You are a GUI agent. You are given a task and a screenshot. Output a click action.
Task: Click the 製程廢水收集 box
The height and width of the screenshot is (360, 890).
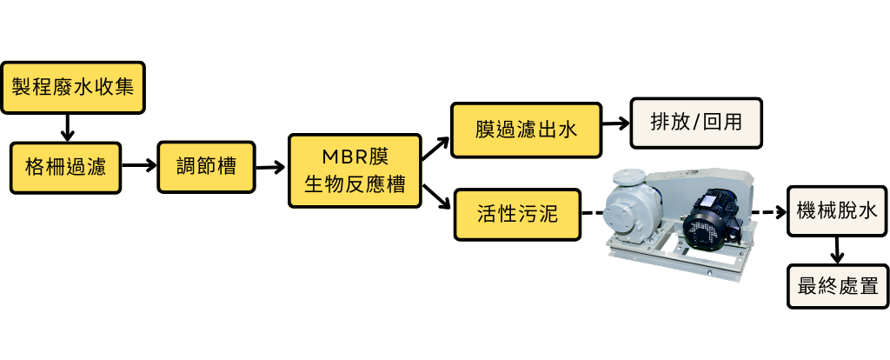pyautogui.click(x=72, y=88)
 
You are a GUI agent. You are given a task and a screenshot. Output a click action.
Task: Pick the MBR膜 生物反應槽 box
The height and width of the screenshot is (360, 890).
pyautogui.click(x=355, y=170)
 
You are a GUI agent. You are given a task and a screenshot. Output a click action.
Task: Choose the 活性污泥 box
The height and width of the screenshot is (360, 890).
pyautogui.click(x=517, y=213)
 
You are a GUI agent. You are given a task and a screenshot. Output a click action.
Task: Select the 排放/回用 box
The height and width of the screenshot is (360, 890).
pyautogui.click(x=696, y=122)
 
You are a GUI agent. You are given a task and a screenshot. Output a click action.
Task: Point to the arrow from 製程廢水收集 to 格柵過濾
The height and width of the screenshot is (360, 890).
pyautogui.click(x=66, y=126)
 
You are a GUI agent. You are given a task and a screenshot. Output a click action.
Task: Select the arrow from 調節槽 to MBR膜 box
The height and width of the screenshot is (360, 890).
pyautogui.click(x=273, y=167)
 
